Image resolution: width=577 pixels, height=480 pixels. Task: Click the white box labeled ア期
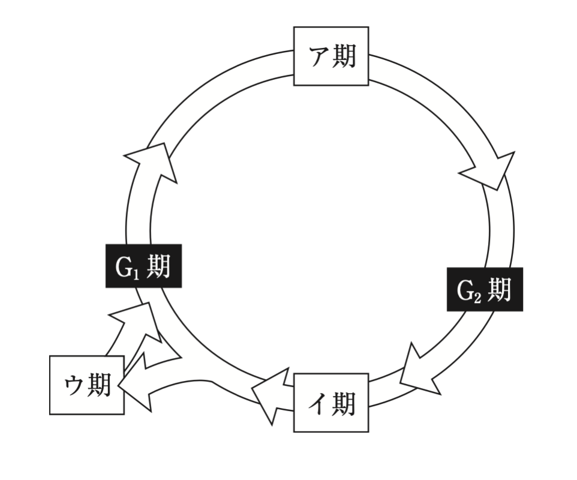330,56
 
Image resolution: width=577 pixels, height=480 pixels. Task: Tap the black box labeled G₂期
484,289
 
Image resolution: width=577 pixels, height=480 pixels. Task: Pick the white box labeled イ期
330,403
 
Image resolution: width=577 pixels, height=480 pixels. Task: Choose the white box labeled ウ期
86,385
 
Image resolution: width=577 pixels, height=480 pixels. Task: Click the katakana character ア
318,57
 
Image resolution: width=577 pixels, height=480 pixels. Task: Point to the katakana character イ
318,403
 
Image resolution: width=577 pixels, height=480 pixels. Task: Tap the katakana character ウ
74,386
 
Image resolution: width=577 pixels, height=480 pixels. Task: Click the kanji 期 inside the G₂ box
499,289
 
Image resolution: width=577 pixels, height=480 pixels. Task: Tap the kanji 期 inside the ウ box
99,385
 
